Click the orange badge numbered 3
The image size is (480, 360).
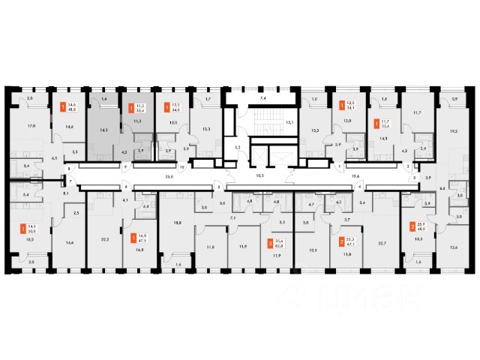(270, 243)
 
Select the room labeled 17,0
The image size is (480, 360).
(31, 126)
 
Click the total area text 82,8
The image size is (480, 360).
(279, 245)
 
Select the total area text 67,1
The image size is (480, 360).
(350, 244)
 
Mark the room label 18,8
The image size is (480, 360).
(178, 223)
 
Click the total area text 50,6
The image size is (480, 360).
(32, 231)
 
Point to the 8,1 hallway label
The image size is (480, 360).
(66, 193)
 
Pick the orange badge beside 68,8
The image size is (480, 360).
(412, 226)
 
